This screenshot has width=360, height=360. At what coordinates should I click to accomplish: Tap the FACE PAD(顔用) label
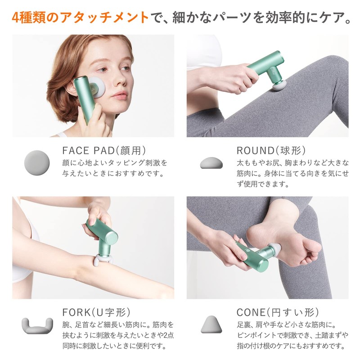pyautogui.click(x=104, y=150)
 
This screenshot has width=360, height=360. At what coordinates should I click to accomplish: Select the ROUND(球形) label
pyautogui.click(x=271, y=150)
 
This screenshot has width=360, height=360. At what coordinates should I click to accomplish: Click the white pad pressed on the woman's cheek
pyautogui.click(x=100, y=85)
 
